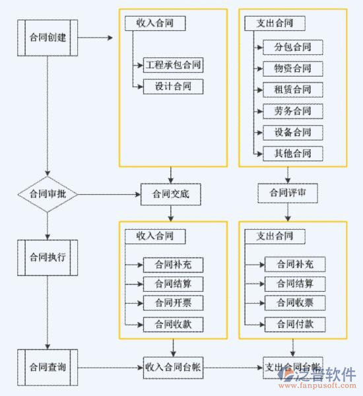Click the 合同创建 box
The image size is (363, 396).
48,37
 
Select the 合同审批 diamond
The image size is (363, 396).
48,194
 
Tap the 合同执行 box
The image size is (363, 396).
48,257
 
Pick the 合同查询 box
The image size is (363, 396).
48,367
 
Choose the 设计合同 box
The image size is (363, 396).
173,86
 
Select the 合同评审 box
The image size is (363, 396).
287,193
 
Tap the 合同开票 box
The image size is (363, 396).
173,303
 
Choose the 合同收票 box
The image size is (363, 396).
294,303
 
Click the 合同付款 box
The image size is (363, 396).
294,323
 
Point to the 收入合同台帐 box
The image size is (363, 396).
173,367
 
